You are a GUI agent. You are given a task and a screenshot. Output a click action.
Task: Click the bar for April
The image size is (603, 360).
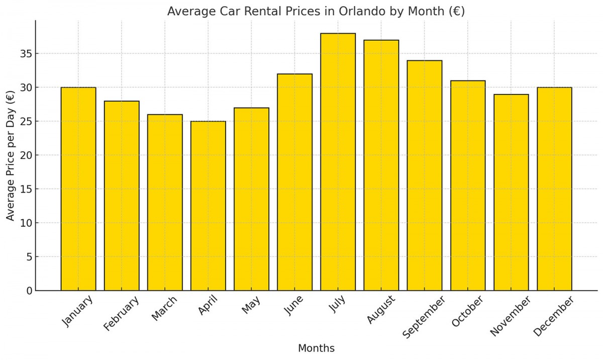208,206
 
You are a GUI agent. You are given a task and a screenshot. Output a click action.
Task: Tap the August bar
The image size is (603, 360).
381,165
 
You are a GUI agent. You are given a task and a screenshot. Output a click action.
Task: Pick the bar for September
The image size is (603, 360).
424,175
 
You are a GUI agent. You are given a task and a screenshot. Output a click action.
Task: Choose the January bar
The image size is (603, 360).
78,189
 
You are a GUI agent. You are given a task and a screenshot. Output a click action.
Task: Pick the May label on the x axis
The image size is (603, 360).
251,305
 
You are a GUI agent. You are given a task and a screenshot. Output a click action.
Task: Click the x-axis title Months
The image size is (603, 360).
316,348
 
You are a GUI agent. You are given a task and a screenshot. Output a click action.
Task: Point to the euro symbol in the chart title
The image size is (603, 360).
457,11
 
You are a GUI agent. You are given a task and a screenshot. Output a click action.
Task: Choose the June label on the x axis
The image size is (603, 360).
293,306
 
